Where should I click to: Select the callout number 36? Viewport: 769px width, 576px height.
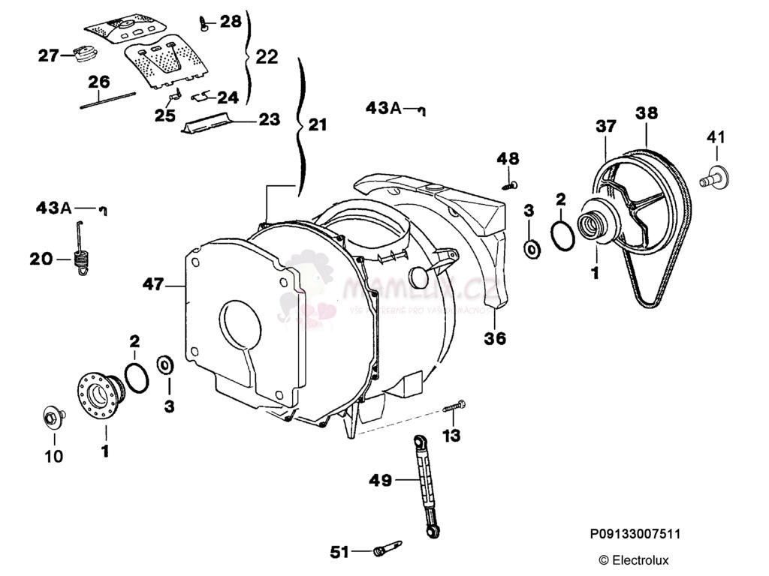[x=495, y=338]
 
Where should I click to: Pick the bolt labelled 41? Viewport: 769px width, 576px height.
[x=713, y=177]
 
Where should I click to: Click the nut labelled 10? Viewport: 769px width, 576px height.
[x=52, y=416]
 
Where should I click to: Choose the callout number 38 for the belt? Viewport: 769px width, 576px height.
[x=646, y=113]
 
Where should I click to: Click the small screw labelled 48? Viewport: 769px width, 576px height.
[x=511, y=182]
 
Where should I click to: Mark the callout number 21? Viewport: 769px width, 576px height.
[x=318, y=125]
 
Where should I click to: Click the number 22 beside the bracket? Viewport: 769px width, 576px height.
[x=267, y=56]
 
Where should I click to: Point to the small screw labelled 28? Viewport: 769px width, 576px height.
[x=204, y=24]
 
